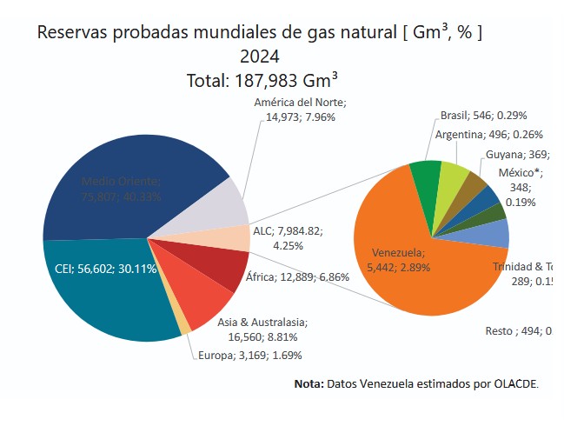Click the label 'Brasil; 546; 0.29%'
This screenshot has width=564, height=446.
484,115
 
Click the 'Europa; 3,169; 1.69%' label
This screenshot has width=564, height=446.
249,355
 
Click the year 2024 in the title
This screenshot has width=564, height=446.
259,57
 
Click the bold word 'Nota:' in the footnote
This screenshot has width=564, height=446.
309,383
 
